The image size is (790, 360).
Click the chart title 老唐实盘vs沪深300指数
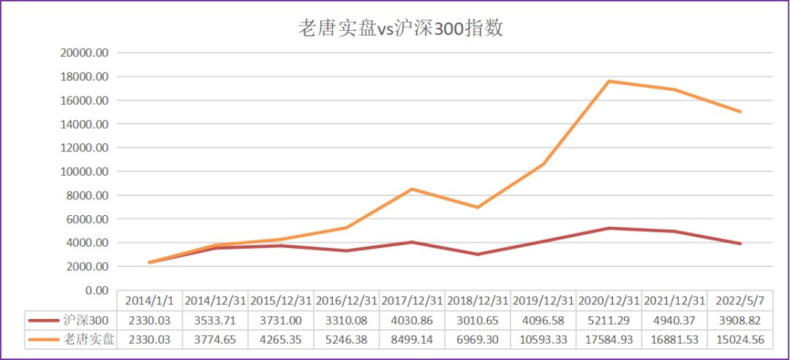click(x=401, y=29)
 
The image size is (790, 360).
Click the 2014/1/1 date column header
click(x=150, y=301)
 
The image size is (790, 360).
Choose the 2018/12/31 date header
click(x=478, y=301)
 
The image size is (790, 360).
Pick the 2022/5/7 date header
click(x=740, y=301)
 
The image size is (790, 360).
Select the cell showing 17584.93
click(x=609, y=340)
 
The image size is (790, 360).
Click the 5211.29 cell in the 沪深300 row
click(x=609, y=320)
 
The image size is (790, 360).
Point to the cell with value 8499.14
click(x=412, y=340)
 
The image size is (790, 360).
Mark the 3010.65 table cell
click(x=478, y=320)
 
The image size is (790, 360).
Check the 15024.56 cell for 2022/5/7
click(x=740, y=340)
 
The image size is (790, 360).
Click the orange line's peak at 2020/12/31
click(x=609, y=81)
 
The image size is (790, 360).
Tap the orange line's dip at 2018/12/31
click(x=478, y=207)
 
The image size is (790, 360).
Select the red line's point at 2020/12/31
click(x=609, y=228)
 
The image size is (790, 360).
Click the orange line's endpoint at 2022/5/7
click(x=740, y=112)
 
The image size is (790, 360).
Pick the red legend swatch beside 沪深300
click(x=44, y=320)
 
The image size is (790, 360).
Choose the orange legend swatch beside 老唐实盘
click(x=44, y=340)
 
